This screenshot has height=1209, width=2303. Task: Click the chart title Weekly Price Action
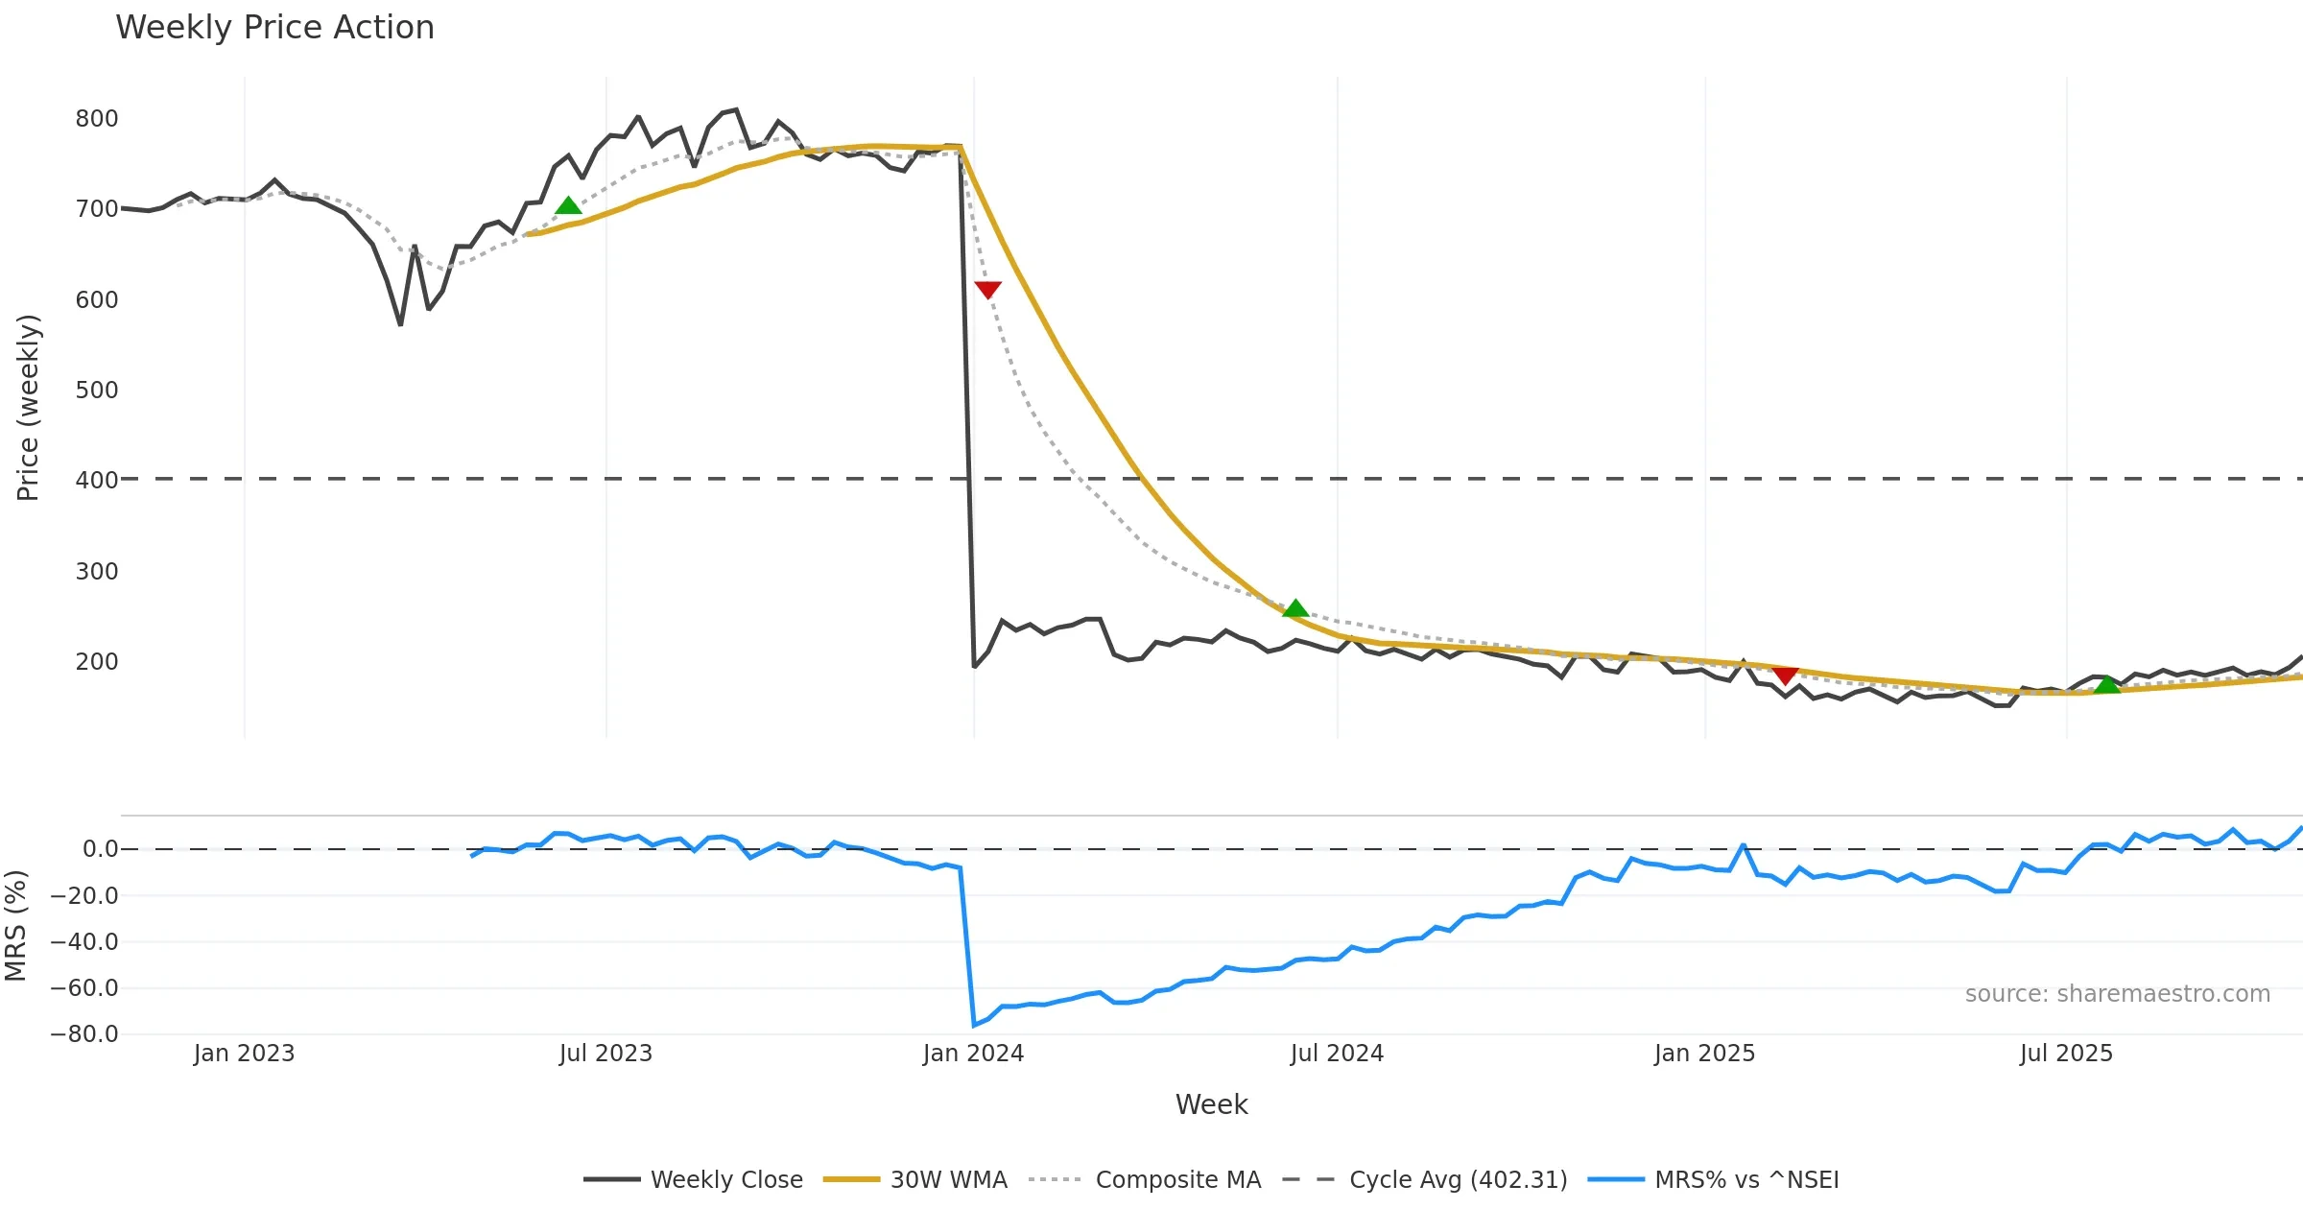pos(274,28)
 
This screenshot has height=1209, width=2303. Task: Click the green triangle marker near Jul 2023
pos(568,205)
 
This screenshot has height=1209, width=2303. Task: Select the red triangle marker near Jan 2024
pos(987,289)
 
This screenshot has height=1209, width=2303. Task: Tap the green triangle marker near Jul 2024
pos(1295,608)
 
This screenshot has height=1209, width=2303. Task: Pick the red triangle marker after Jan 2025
pos(1785,676)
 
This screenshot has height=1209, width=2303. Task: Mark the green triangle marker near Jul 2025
pos(2106,684)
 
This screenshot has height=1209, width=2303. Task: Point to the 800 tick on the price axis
pos(97,119)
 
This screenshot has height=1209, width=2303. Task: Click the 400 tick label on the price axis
pos(97,480)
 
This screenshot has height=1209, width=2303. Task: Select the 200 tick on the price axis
pos(97,662)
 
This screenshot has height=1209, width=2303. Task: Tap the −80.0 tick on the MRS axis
pos(84,1034)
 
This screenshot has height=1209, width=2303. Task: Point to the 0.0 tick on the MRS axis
pos(100,849)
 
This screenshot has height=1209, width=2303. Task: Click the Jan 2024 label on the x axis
pos(973,1054)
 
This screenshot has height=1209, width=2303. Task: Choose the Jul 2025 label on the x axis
pos(2066,1054)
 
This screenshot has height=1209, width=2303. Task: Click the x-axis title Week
pos(1211,1105)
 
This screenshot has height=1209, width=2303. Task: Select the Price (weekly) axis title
pos(28,408)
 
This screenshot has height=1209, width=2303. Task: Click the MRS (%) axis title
pos(15,926)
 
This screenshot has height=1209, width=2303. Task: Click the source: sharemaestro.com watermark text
pos(2117,994)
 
